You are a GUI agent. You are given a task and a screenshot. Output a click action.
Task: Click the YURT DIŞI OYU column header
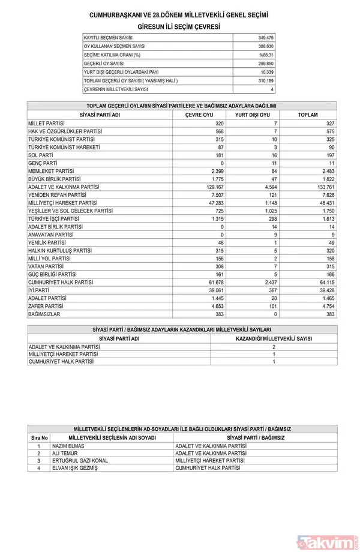[252, 115]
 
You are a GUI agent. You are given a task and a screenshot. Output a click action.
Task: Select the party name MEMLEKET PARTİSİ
[52, 170]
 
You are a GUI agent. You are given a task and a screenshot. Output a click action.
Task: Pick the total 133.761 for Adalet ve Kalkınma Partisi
[308, 187]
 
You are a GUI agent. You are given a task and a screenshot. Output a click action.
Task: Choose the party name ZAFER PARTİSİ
[47, 305]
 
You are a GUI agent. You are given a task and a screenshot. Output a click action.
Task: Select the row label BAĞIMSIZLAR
[44, 314]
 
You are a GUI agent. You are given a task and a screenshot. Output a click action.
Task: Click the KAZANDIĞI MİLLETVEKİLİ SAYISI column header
[274, 338]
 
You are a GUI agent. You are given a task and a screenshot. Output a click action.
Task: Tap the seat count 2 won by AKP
[274, 347]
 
